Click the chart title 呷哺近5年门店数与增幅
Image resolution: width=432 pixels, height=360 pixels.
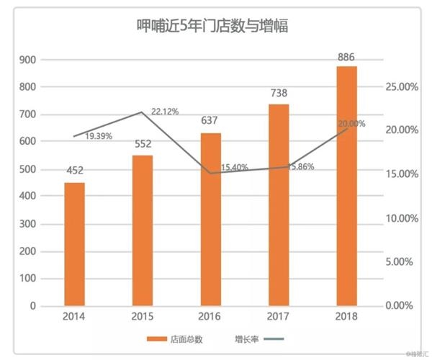coord(212,26)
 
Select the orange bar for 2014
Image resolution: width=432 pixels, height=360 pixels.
coord(75,244)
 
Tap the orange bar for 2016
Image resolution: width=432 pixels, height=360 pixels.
coord(211,220)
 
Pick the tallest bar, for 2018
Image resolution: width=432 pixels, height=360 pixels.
coord(346,186)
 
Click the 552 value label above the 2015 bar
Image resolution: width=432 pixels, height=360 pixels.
coord(143,144)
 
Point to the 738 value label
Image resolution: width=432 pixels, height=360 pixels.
coord(279,93)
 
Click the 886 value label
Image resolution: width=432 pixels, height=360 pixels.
coord(346,57)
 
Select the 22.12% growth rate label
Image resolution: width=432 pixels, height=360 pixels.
coord(165,112)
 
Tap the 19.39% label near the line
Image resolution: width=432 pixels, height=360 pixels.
coord(99,136)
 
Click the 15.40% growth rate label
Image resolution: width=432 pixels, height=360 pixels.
coord(235,167)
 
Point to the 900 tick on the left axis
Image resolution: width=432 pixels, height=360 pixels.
coord(27,60)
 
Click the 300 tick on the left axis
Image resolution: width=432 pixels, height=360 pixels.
coord(27,224)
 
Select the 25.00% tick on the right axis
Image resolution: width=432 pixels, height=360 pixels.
coord(402,87)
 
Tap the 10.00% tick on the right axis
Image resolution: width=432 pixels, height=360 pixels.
coord(402,218)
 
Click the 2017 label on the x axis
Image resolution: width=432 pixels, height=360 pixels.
coord(278,317)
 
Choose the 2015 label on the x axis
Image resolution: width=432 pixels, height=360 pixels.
coord(142,317)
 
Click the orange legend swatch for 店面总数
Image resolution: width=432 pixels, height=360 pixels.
coord(157,339)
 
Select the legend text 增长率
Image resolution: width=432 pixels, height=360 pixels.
coord(247,339)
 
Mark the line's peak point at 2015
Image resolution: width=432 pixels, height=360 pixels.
coord(142,112)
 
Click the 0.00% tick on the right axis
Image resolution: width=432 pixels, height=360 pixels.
coord(399,305)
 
